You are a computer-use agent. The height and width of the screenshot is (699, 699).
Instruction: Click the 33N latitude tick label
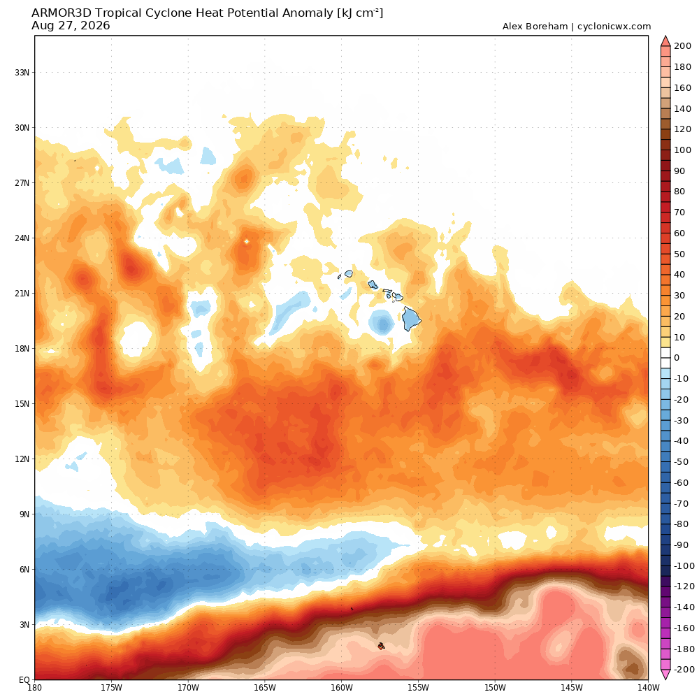pos(22,72)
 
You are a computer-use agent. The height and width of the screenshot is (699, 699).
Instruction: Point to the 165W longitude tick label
pos(265,687)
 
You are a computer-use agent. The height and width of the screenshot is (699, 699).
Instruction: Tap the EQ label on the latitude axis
pos(24,680)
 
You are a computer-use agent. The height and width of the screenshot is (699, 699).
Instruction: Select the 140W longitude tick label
pos(648,687)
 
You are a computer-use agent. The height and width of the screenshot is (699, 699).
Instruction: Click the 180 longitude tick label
pos(35,687)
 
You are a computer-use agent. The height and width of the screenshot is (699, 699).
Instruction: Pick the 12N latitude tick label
pos(22,459)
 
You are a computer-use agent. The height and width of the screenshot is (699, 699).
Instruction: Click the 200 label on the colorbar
pos(682,46)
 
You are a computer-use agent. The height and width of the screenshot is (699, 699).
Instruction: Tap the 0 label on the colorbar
pos(677,357)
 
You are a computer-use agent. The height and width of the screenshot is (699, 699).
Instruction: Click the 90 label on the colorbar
pos(679,171)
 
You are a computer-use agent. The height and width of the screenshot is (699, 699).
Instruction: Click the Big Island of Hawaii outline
pos(411,319)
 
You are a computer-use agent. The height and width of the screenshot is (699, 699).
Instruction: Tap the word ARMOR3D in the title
pos(61,13)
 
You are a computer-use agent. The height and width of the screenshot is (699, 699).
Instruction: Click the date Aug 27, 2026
pos(71,26)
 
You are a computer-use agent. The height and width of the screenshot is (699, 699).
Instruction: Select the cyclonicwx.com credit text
pos(614,27)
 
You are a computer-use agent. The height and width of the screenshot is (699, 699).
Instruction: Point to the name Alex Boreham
pos(535,27)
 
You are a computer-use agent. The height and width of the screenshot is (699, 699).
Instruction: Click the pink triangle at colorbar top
pos(665,41)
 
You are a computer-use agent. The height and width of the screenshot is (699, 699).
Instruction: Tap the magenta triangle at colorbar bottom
pos(665,675)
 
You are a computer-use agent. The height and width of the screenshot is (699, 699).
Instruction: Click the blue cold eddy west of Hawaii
pos(381,322)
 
